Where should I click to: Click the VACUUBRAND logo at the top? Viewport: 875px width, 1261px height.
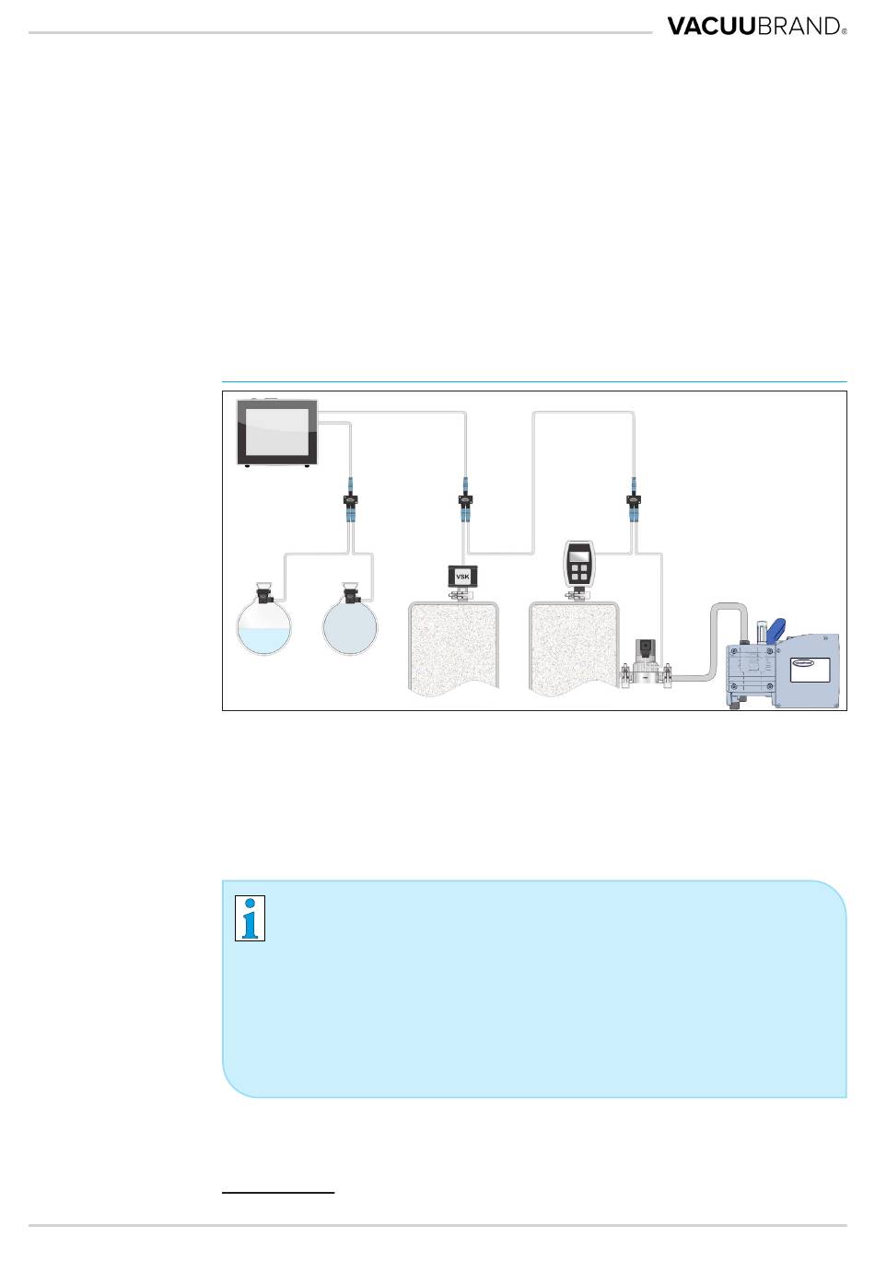(756, 27)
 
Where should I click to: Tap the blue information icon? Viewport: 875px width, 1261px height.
(250, 918)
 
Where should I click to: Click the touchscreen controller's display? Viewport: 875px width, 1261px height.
(277, 432)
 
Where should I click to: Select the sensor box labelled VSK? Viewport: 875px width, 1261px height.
(462, 577)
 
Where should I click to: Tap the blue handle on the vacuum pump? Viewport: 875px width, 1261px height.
(776, 629)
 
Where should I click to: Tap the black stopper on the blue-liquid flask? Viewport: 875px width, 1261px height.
(263, 594)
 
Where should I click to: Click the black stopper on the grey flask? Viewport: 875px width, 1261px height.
(350, 594)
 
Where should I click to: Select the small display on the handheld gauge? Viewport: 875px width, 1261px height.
(578, 555)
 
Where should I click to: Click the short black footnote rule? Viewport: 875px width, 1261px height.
(278, 1192)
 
